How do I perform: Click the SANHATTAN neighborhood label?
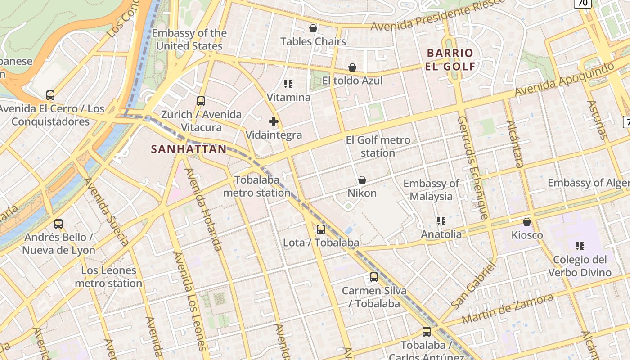[189, 149]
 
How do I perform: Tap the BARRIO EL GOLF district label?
[450, 60]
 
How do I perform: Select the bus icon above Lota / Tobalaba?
[321, 229]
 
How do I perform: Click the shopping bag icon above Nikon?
[362, 180]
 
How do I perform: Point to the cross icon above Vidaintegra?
[274, 121]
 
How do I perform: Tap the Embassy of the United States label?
[189, 40]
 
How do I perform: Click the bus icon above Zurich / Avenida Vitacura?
[201, 101]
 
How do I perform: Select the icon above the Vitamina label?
[288, 84]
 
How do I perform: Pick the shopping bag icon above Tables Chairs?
[313, 28]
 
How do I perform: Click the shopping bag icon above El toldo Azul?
[352, 67]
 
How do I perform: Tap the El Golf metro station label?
[378, 147]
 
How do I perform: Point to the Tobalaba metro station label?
[257, 186]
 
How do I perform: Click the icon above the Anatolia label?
[441, 221]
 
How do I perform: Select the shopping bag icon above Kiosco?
[527, 222]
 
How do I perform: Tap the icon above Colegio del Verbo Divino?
[580, 246]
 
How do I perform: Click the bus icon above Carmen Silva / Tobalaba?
[374, 277]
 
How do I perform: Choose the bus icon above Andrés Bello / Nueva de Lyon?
[58, 224]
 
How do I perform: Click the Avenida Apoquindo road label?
[564, 80]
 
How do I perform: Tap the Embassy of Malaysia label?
[431, 190]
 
